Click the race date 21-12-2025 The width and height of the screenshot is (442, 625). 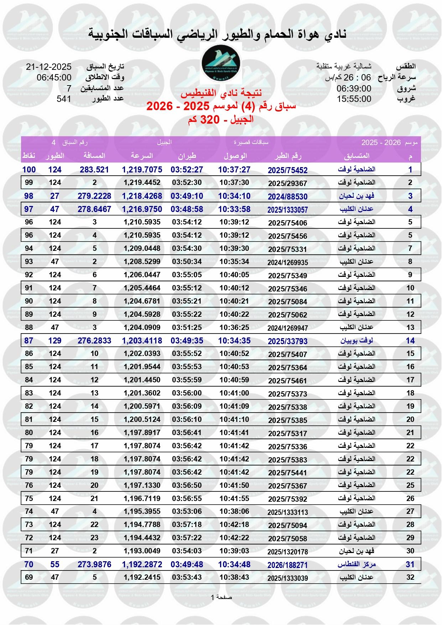click(49, 67)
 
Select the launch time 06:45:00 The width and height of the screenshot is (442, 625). click(54, 78)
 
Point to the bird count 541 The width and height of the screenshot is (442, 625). click(64, 99)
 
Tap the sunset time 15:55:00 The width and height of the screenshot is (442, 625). click(354, 99)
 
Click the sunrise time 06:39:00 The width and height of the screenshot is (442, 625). click(354, 88)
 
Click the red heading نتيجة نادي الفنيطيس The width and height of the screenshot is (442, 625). click(221, 94)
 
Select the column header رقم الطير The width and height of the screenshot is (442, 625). click(288, 156)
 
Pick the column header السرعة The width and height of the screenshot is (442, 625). click(142, 156)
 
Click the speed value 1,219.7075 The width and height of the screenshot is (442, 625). click(142, 170)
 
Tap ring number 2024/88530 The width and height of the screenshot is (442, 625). click(288, 197)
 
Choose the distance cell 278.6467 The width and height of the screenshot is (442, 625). click(94, 209)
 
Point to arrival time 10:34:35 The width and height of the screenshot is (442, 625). click(234, 341)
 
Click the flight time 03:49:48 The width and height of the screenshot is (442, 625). click(187, 564)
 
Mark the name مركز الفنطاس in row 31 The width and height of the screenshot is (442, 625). click(357, 564)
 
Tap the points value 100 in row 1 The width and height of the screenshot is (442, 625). click(29, 170)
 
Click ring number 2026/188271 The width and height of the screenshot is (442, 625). click(288, 565)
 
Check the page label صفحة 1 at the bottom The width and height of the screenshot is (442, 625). click(221, 597)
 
